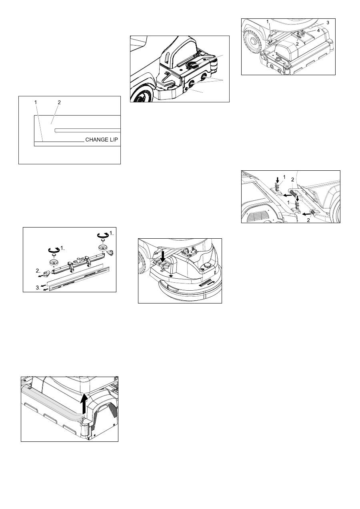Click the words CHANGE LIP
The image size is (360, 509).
(101, 140)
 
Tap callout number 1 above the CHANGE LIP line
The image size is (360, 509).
(36, 102)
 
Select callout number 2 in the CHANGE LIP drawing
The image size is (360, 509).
(59, 102)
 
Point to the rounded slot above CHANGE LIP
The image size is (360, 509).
(88, 130)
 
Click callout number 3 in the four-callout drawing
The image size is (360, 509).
(328, 23)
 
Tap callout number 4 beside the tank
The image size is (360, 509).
(318, 30)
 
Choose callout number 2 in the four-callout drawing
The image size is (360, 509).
(297, 44)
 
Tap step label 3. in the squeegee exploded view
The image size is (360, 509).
(38, 287)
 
